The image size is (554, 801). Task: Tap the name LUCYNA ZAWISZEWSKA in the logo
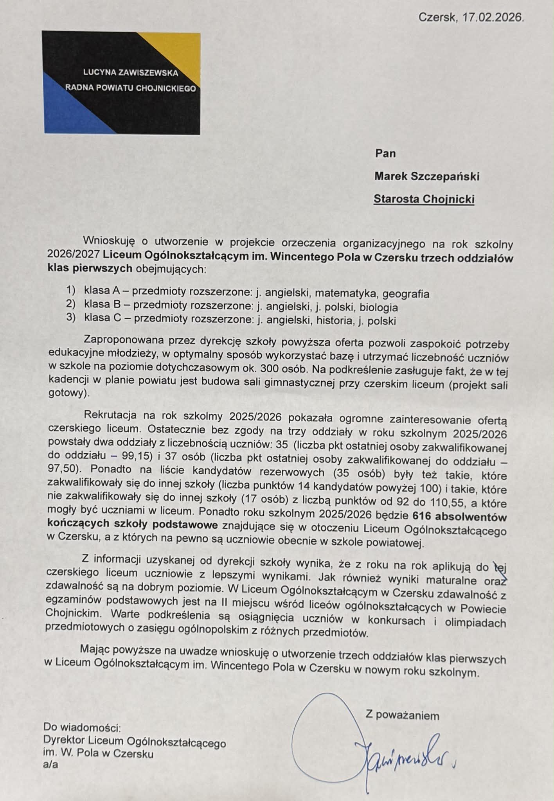click(x=131, y=73)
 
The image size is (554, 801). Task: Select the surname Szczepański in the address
click(x=445, y=176)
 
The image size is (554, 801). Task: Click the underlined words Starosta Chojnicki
click(x=424, y=199)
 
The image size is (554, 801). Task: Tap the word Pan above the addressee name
click(x=385, y=153)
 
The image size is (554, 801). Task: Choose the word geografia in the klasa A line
click(x=406, y=294)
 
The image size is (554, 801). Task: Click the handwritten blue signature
click(x=403, y=751)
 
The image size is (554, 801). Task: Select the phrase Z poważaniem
click(x=402, y=715)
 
